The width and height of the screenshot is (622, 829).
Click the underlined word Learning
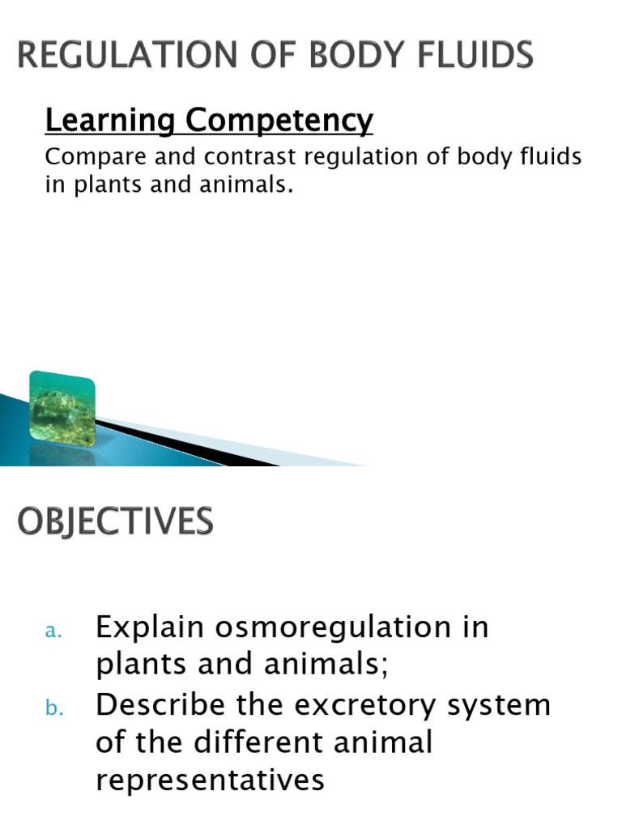(111, 121)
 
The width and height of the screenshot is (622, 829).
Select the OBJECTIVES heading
(116, 521)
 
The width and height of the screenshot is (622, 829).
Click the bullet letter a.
(53, 633)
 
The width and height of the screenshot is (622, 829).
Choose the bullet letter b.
(53, 708)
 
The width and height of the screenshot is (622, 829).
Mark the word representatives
(210, 780)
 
